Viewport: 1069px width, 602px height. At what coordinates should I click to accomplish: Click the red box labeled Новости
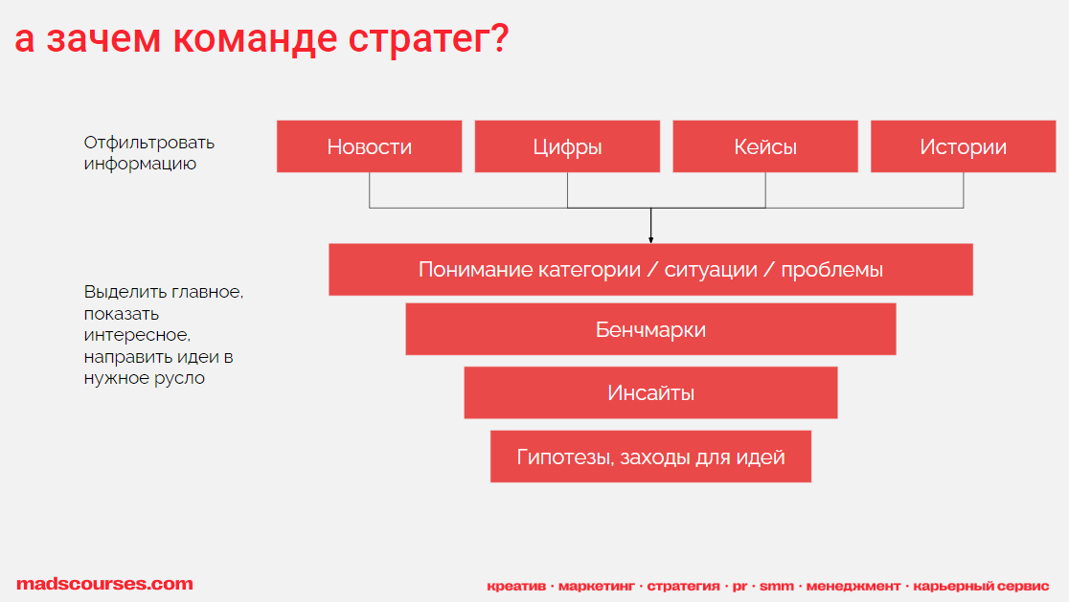coord(369,146)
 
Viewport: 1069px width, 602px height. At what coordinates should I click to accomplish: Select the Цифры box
coord(567,146)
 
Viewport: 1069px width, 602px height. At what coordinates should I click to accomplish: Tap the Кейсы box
coord(765,146)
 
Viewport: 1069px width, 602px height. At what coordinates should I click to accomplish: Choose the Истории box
coord(964,146)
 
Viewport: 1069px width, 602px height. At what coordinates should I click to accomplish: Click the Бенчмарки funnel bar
coord(650,329)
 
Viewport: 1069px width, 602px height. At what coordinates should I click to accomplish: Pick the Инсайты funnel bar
coord(650,393)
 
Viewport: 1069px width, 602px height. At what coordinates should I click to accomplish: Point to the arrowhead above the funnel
coord(651,239)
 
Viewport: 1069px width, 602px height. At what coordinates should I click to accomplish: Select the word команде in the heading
coord(255,38)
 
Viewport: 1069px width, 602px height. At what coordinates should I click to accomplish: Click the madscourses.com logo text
coord(105,584)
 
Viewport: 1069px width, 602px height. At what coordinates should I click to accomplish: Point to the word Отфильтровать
coord(149,143)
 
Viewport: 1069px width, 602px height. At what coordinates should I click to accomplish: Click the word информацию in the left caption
coord(140,164)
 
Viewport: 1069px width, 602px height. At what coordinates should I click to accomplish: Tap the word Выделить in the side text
coord(125,292)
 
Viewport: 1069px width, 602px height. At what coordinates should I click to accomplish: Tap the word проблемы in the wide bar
coord(831,270)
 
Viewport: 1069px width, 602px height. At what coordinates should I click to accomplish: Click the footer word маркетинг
coord(597,587)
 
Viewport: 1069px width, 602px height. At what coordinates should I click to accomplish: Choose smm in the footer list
coord(777,587)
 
